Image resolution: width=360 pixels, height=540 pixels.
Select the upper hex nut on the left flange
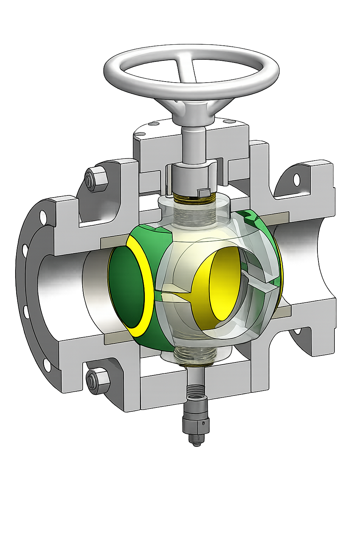pyautogui.click(x=96, y=178)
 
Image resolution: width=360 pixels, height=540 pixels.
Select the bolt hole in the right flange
pyautogui.click(x=296, y=180)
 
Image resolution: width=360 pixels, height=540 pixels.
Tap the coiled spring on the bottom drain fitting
pyautogui.click(x=196, y=390)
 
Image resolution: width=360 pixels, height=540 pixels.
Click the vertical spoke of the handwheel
pyautogui.click(x=186, y=69)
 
